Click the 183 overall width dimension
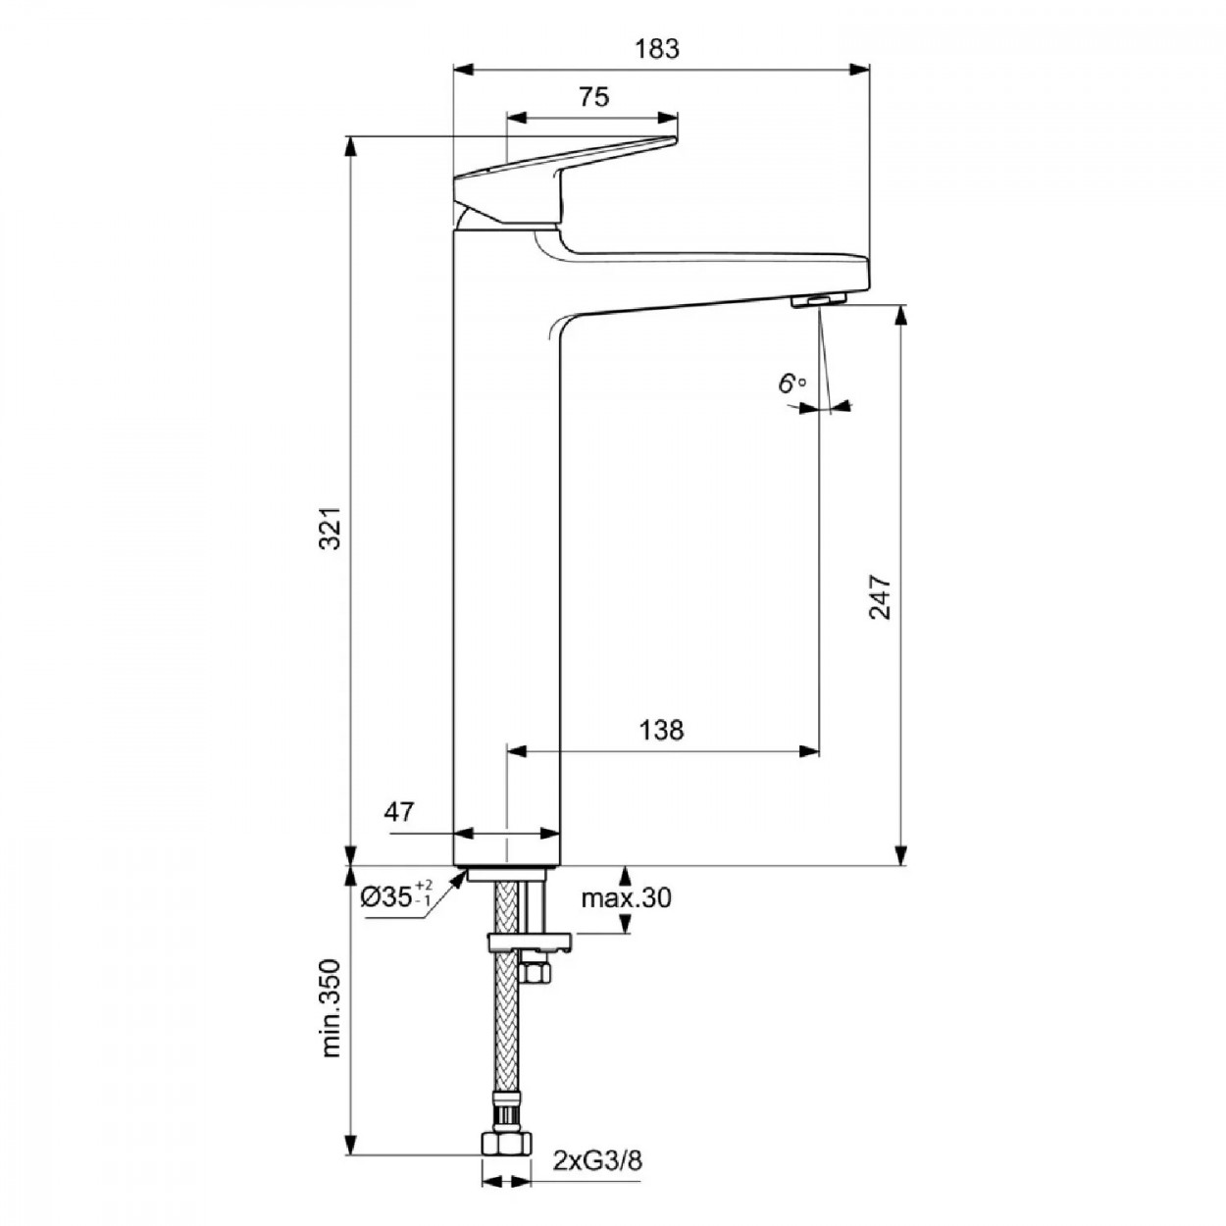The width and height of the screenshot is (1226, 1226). click(657, 49)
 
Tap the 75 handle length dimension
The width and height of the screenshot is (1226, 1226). click(593, 97)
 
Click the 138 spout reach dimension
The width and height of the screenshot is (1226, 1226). click(661, 731)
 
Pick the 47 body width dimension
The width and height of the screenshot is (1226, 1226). click(399, 812)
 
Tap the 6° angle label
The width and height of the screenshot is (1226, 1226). click(792, 383)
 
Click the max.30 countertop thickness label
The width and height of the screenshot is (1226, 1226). click(627, 899)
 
